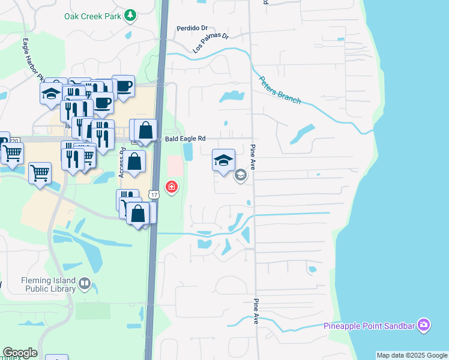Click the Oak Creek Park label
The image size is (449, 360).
(93, 16)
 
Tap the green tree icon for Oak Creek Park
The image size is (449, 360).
(130, 16)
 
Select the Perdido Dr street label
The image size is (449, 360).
(191, 28)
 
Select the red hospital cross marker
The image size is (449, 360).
(172, 187)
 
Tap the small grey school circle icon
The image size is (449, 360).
(241, 175)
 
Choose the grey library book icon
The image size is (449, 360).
(84, 283)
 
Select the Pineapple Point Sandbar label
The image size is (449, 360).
(369, 326)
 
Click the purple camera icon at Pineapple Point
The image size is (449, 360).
(424, 325)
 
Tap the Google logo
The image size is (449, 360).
(20, 353)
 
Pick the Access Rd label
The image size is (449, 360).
(121, 163)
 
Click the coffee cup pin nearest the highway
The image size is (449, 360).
(123, 86)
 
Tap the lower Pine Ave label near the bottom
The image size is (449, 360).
(256, 311)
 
